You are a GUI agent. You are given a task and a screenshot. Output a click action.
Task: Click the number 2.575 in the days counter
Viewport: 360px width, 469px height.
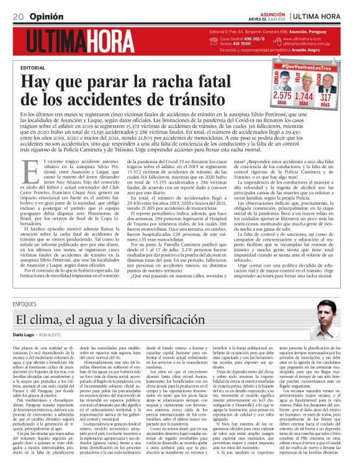click(282, 96)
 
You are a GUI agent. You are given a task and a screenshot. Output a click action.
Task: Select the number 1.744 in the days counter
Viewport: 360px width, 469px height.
click(304, 96)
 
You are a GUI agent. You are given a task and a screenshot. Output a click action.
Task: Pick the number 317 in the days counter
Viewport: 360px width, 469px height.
click(326, 96)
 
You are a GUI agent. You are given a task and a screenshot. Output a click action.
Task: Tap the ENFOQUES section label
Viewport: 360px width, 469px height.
click(24, 305)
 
